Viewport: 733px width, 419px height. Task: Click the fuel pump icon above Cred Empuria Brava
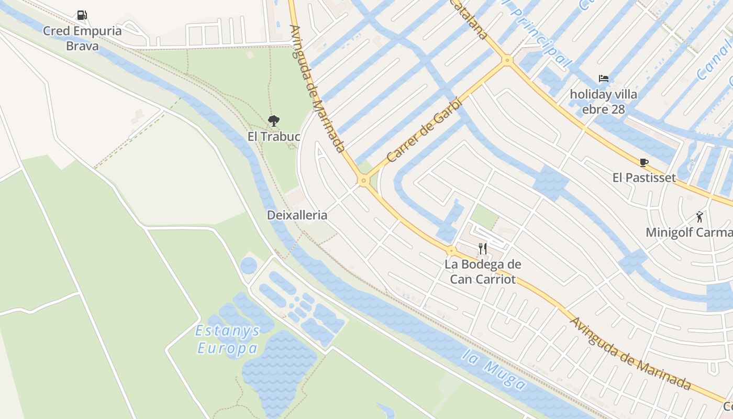[82, 15]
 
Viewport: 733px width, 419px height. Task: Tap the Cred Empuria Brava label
[82, 38]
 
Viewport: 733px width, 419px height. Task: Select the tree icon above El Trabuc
[273, 121]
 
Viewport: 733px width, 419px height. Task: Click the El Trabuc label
[273, 137]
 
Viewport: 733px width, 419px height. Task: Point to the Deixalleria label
[297, 215]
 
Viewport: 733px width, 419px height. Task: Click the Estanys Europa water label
[228, 339]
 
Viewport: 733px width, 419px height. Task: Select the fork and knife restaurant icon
[483, 248]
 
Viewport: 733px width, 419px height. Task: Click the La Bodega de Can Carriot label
[483, 272]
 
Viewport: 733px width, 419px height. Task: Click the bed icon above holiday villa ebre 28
[603, 79]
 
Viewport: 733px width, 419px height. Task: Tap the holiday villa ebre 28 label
[603, 102]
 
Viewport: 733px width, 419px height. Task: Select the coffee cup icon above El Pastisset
[643, 162]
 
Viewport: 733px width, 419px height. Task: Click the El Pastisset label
[644, 178]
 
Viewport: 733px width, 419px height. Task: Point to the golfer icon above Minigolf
[699, 216]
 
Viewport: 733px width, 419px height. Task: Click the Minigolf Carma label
[688, 233]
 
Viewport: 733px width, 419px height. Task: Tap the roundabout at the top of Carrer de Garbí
[506, 60]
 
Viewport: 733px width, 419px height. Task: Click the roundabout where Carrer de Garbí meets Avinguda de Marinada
[363, 181]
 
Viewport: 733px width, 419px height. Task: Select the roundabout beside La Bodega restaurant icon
[451, 251]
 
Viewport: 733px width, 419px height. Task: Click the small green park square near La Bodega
[484, 216]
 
